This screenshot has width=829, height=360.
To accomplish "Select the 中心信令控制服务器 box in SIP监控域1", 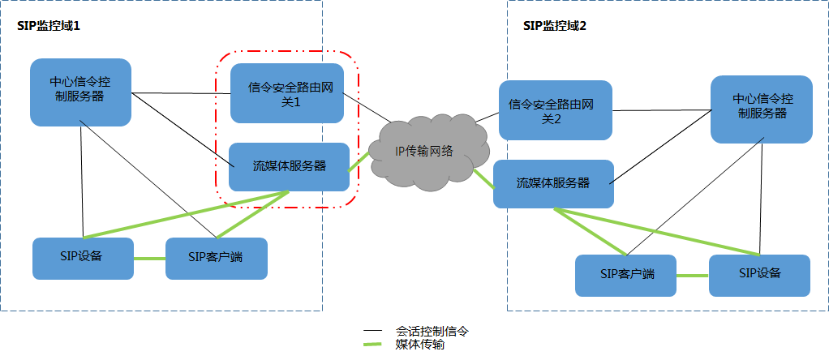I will click(x=81, y=92).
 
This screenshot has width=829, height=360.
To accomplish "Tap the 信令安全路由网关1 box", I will click(x=287, y=93).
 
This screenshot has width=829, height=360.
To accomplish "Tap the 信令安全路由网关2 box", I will click(x=555, y=110).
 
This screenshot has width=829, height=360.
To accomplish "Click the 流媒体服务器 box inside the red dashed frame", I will click(x=289, y=166).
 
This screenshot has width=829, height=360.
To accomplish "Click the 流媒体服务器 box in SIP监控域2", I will click(x=553, y=182).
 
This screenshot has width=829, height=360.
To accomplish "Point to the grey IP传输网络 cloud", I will click(x=423, y=151).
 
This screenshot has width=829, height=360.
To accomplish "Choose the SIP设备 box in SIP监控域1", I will click(x=83, y=258).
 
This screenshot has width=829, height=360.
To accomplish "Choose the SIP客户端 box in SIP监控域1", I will click(x=216, y=258).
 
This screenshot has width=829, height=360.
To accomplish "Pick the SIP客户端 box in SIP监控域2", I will click(x=625, y=275).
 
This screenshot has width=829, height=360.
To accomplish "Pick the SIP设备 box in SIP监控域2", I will click(x=759, y=274).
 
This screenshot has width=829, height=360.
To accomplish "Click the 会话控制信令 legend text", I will click(x=432, y=332).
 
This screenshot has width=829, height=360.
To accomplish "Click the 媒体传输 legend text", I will click(x=419, y=345).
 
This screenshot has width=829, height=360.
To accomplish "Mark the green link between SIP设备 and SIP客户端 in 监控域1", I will click(x=149, y=259).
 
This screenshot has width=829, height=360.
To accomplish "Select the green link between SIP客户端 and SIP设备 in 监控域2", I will click(x=692, y=276).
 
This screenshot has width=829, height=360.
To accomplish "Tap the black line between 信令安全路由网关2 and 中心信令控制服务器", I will click(x=661, y=109).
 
